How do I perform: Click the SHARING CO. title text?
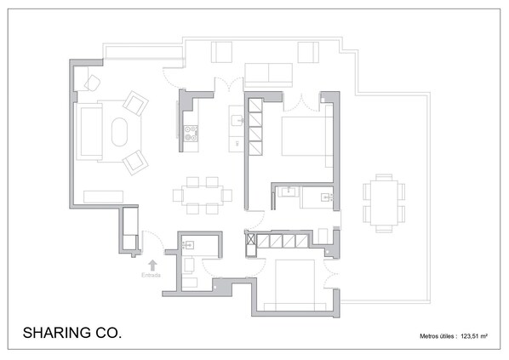pos(72,333)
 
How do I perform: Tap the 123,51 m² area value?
pos(473,336)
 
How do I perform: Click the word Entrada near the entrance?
pos(151,275)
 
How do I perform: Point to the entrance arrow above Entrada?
pos(152,266)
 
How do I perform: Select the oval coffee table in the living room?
pos(119,132)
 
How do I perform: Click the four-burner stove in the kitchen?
pos(191,134)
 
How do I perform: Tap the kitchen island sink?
pos(237,120)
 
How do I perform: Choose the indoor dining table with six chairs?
pos(203,195)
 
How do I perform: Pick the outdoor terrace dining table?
pos(384,203)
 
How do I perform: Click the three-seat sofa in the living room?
pos(89,132)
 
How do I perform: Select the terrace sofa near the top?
pos(268,73)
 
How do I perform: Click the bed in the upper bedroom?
pos(306,136)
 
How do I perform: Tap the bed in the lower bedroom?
pos(295,284)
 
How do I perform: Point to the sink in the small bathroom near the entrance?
pos(188,245)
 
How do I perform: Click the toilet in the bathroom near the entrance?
pos(189,266)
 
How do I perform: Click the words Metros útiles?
pos(437,336)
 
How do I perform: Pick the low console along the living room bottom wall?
pos(103,197)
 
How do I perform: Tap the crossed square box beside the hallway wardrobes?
pos(251,239)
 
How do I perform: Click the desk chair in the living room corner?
pos(93,83)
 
